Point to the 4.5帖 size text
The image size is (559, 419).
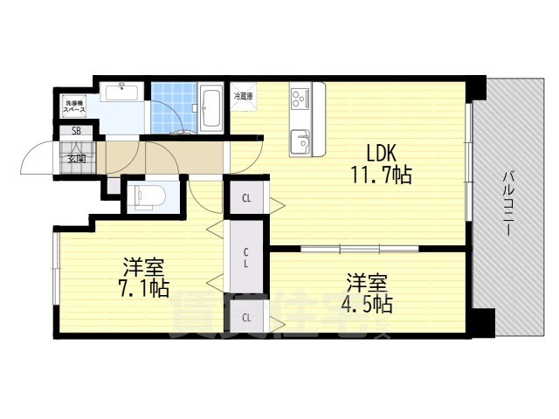[368, 305]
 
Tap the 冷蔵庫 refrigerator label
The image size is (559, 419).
[244, 96]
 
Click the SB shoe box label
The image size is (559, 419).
[76, 133]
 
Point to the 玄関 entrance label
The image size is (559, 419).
[76, 158]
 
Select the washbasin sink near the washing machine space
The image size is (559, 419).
[121, 91]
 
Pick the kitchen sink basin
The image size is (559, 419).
[300, 140]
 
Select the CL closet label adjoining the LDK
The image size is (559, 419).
[247, 198]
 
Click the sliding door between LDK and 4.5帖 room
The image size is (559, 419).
[360, 249]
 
